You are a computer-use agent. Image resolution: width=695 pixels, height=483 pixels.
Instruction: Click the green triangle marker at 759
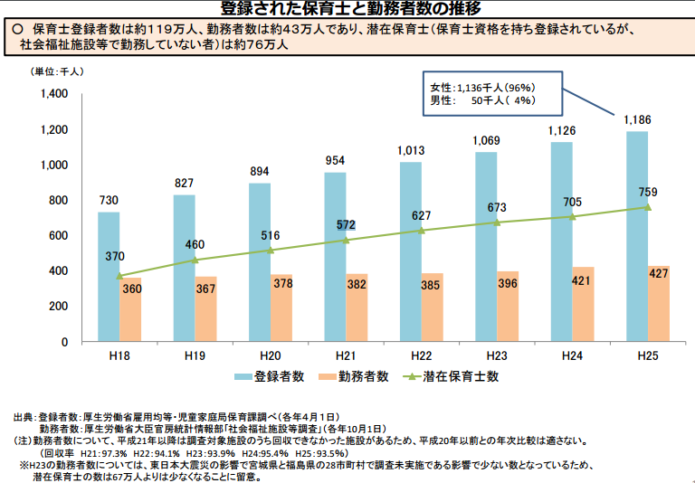coord(647,207)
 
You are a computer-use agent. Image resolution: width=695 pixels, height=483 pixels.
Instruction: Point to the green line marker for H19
coord(195,260)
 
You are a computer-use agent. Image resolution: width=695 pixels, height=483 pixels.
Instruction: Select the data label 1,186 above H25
coord(637,119)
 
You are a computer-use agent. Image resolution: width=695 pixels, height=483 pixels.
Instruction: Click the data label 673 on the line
coord(494,207)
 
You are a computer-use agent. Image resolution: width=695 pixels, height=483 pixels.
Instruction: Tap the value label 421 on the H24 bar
coord(581,282)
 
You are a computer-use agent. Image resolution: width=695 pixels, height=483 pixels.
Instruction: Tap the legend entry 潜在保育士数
coord(460,376)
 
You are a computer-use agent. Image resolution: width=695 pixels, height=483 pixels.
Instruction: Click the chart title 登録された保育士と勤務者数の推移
coord(347,9)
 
